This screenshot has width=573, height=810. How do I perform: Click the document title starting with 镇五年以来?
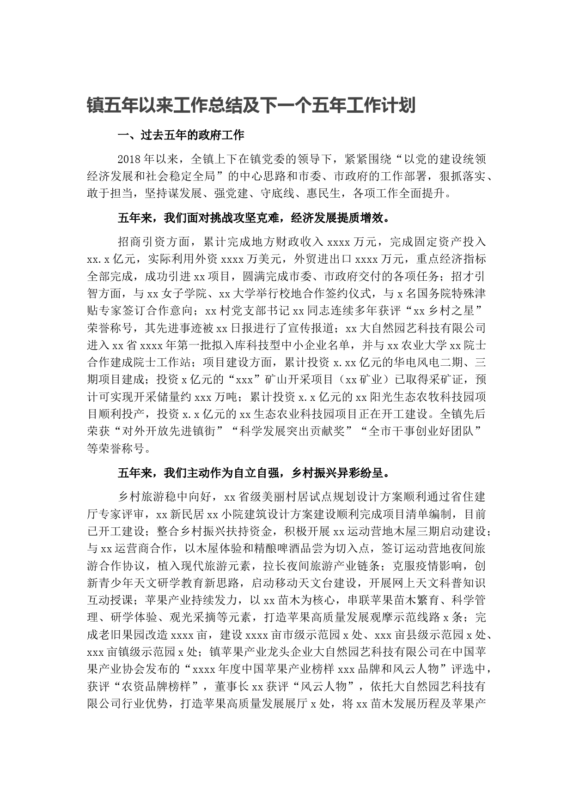[x=251, y=105]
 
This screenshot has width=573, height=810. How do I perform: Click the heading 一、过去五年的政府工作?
[x=181, y=135]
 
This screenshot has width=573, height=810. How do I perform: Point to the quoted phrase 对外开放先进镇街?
[x=171, y=431]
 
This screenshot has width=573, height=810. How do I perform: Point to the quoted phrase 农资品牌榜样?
[x=154, y=687]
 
